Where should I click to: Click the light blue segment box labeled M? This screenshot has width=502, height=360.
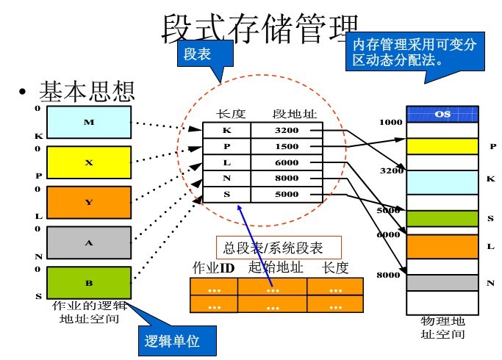tap(89, 123)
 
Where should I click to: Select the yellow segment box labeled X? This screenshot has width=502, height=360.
tap(89, 162)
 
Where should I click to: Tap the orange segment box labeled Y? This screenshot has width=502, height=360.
tap(89, 202)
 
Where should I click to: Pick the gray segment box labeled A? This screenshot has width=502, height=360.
tap(89, 242)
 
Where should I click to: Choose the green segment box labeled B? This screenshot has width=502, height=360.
tap(89, 282)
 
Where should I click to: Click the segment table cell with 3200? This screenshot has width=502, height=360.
tap(286, 130)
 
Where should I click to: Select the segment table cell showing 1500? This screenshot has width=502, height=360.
tap(286, 146)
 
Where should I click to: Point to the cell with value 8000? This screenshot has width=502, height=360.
tap(286, 179)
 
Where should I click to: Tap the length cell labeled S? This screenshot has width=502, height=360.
tap(226, 195)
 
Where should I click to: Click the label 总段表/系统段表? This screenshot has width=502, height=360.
tap(273, 248)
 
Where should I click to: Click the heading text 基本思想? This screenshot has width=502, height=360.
tap(87, 91)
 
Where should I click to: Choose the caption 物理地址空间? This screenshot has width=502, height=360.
tap(442, 328)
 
